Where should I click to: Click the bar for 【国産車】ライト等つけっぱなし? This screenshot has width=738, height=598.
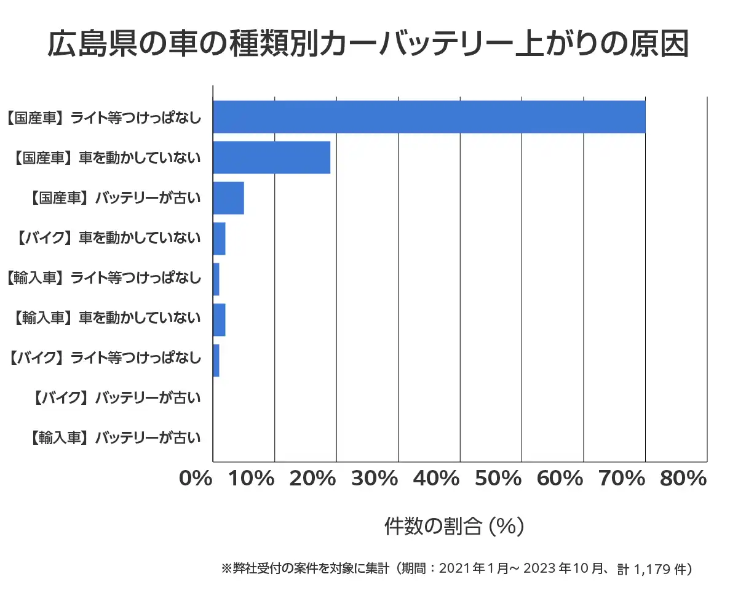(x=429, y=116)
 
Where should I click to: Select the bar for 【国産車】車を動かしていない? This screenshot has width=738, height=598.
(x=271, y=157)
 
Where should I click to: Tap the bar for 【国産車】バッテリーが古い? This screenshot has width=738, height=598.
(x=228, y=198)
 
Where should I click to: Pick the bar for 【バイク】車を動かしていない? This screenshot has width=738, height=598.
(x=219, y=239)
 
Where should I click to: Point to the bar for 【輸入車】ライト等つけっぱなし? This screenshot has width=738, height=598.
(x=216, y=279)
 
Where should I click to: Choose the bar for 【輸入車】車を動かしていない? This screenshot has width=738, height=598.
(x=219, y=320)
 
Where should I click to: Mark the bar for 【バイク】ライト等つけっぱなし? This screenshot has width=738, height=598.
(x=216, y=361)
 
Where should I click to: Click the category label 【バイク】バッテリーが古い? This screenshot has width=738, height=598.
(x=115, y=398)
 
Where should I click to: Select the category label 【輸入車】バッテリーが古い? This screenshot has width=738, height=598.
(x=115, y=439)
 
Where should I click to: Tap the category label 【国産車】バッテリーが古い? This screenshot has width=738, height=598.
(x=115, y=198)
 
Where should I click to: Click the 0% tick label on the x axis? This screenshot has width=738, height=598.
(x=196, y=479)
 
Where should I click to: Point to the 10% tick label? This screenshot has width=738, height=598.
(x=252, y=479)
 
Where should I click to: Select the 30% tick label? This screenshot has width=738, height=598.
(x=375, y=479)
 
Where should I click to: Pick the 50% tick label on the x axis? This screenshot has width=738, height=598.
(x=499, y=479)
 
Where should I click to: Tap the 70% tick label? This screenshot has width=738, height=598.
(x=622, y=479)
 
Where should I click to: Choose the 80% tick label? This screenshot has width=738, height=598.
(x=683, y=479)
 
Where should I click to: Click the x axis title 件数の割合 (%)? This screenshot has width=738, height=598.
(x=454, y=527)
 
